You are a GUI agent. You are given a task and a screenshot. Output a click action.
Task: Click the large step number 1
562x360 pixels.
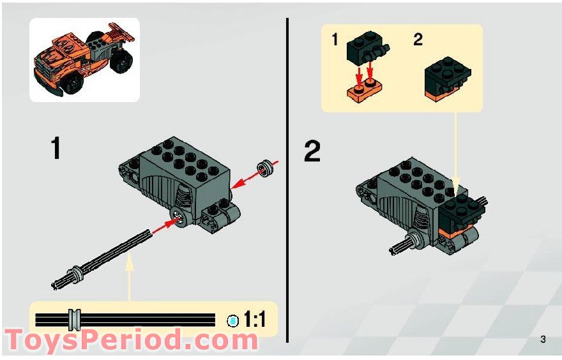pos(56,149)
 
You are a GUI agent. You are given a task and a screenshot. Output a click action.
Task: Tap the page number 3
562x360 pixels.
pos(542,339)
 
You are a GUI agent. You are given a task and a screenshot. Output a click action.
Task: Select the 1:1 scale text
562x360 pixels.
pos(255,319)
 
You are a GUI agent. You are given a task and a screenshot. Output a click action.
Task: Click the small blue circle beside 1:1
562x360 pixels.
pos(233,320)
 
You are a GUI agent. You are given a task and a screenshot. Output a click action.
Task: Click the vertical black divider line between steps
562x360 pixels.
pos(287,179)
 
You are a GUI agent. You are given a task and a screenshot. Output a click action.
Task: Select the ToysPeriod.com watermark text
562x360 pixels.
pos(131,340)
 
